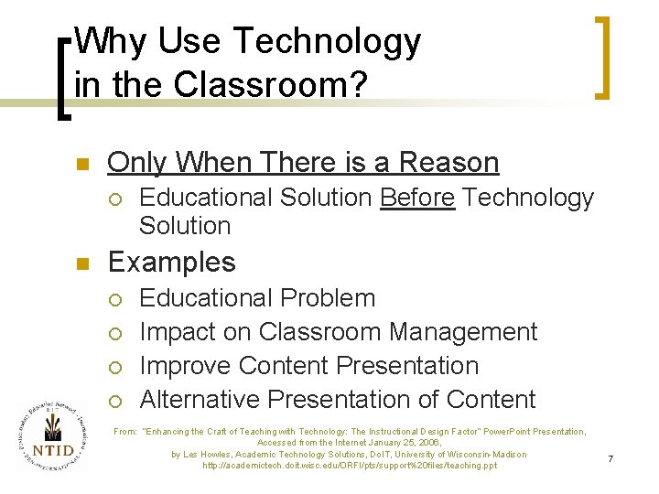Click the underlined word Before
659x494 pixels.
pyautogui.click(x=416, y=198)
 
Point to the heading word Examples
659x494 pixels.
pyautogui.click(x=171, y=263)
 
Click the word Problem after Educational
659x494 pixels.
pyautogui.click(x=329, y=298)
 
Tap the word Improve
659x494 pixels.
pyautogui.click(x=185, y=366)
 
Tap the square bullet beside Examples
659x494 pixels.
pyautogui.click(x=81, y=264)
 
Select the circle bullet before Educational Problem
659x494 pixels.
pyautogui.click(x=113, y=299)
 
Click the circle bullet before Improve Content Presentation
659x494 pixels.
pyautogui.click(x=113, y=367)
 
